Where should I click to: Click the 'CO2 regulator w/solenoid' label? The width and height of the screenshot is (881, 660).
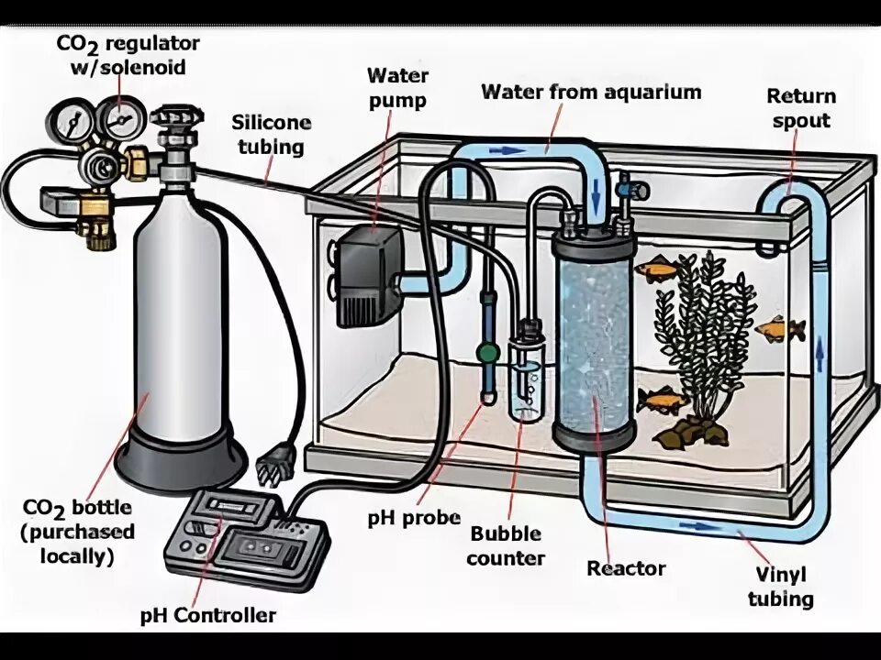pyautogui.click(x=128, y=55)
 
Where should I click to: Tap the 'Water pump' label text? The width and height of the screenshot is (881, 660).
pyautogui.click(x=396, y=87)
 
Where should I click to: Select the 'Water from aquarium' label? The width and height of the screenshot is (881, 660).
pyautogui.click(x=591, y=92)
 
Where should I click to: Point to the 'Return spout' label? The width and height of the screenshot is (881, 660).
pyautogui.click(x=801, y=108)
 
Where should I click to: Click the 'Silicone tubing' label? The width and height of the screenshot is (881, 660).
pyautogui.click(x=271, y=135)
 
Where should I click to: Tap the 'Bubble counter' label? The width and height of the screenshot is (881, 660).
pyautogui.click(x=506, y=545)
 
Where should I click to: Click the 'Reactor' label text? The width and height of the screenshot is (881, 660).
pyautogui.click(x=626, y=568)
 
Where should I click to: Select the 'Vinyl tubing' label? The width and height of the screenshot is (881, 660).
pyautogui.click(x=780, y=588)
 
